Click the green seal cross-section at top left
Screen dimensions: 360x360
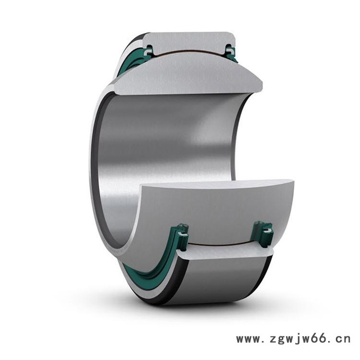pos(149,51)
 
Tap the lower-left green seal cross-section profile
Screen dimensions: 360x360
pos(183,237)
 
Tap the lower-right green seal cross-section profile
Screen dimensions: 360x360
pos(263,233)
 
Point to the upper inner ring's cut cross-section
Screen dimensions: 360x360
pos(188,74)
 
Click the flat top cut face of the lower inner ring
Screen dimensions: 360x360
pos(216,183)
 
